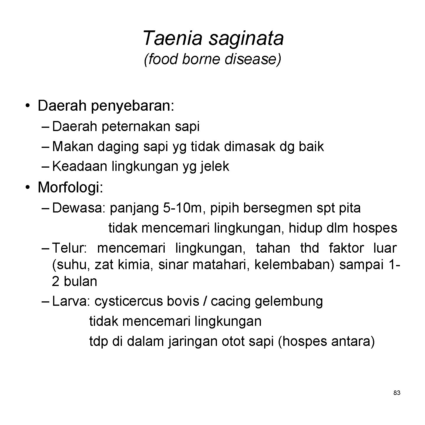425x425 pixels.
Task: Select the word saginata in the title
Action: point(246,39)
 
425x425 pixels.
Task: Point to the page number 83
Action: point(397,393)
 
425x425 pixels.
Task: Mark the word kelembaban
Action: point(294,265)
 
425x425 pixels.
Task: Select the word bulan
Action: point(80,281)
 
